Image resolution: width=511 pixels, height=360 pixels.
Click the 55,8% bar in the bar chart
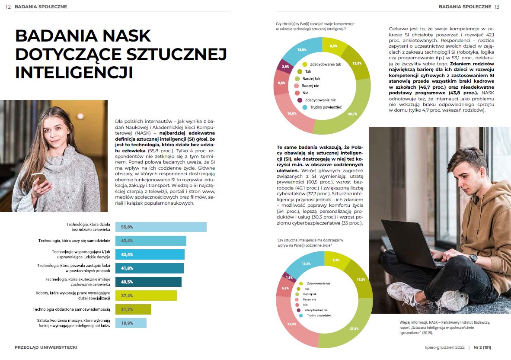[x=160, y=227]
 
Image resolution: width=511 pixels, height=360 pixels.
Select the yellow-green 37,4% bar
[x=145, y=296]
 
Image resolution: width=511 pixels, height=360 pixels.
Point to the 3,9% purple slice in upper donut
[x=286, y=67]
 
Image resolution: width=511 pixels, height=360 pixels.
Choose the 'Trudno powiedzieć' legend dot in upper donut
[x=305, y=107]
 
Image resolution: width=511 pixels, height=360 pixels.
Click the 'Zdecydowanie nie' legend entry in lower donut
[x=316, y=310]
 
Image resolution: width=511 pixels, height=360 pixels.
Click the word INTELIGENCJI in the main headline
[x=73, y=72]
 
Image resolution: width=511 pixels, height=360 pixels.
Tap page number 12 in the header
[x=8, y=6]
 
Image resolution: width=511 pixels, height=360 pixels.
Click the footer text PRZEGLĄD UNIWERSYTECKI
[x=46, y=347]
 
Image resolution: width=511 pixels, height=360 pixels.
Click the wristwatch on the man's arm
[x=473, y=258]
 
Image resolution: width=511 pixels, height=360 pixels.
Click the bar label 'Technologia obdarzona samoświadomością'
[x=72, y=309]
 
